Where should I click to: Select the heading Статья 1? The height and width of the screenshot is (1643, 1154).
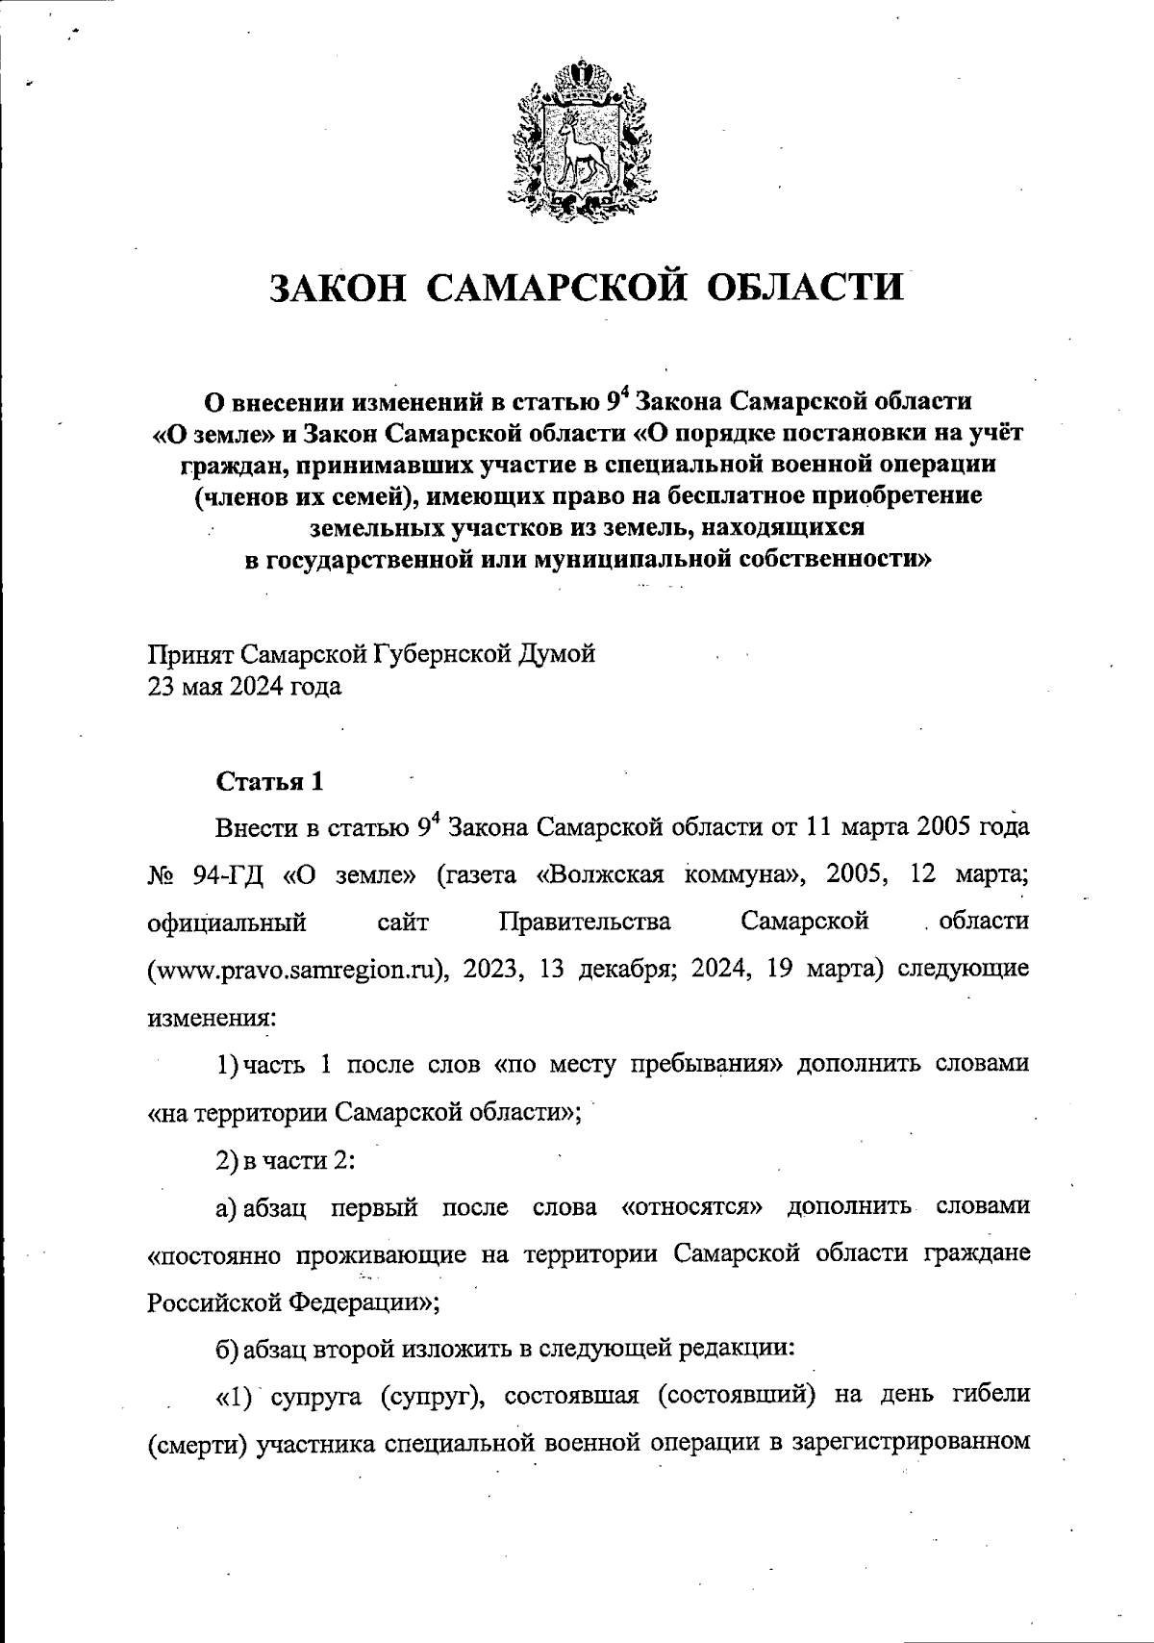point(269,781)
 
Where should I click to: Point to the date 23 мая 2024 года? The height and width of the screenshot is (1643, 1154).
point(244,688)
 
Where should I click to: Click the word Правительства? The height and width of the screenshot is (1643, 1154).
point(585,922)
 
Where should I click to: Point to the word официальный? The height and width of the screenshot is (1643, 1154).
point(227,922)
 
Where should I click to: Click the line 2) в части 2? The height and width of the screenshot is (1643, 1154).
point(287,1160)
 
